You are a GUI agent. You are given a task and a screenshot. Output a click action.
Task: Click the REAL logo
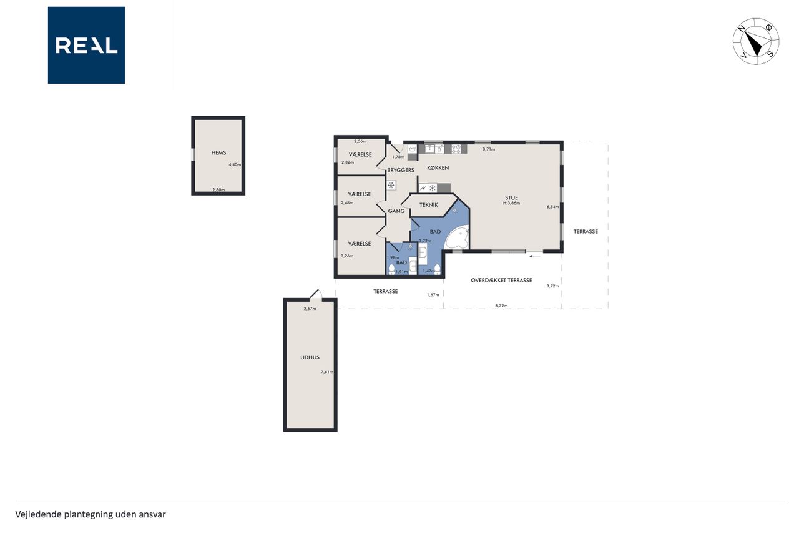(86, 46)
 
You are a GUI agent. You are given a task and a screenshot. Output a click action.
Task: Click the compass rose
(756, 41)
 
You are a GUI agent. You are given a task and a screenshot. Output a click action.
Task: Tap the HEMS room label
(218, 153)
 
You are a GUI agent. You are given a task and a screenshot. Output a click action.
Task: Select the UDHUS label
(310, 357)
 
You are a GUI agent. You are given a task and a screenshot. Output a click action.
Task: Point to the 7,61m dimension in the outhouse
(327, 372)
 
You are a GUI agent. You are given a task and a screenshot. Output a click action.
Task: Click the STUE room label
(511, 197)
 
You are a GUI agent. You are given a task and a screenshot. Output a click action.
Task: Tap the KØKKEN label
(438, 168)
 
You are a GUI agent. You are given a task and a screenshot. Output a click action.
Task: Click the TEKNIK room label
(429, 205)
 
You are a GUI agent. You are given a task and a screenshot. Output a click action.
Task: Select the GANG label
(396, 211)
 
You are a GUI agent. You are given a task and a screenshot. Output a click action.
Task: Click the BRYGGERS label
(401, 171)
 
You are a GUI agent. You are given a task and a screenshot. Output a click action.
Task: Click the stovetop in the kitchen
(456, 149)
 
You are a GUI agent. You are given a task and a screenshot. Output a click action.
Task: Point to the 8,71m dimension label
(489, 149)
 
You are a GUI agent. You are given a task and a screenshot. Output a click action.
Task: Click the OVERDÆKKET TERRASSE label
(501, 281)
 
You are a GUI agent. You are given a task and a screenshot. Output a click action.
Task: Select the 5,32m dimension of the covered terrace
(501, 306)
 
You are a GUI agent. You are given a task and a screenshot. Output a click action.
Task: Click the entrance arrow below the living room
(535, 256)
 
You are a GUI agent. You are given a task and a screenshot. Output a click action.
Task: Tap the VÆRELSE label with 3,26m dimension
(360, 244)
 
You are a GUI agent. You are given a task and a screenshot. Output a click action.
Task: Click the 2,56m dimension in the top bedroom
(360, 141)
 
